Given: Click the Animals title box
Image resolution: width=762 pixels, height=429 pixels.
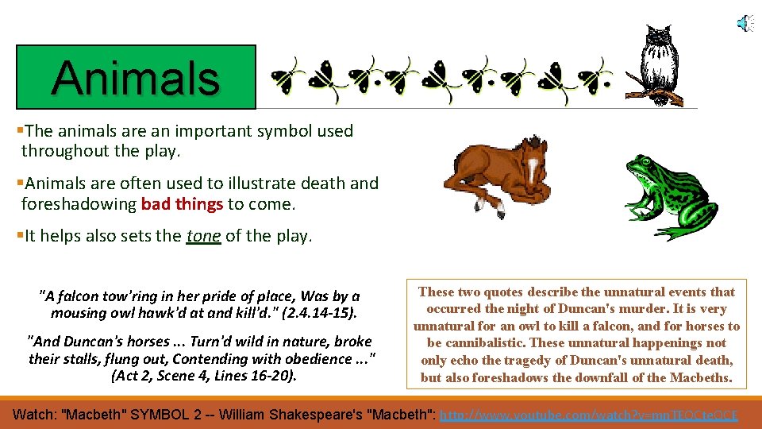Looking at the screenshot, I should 136,77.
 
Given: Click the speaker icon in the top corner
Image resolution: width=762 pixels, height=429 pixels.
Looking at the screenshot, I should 745,24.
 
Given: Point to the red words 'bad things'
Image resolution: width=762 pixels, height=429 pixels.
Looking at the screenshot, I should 182,204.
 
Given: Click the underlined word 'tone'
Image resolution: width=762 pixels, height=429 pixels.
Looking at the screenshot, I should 203,236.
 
